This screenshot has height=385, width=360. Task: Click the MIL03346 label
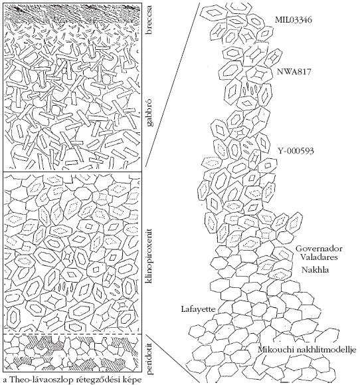pos(294,20)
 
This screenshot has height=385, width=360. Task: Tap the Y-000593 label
pos(296,150)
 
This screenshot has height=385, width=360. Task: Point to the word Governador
pos(319,249)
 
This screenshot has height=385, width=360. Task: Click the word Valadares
pos(319,257)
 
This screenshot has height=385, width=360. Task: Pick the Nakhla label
pos(315,269)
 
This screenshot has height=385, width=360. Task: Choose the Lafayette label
pos(198,309)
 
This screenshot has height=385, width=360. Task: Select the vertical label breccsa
pos(149,21)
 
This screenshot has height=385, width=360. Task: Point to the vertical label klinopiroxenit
pos(149,255)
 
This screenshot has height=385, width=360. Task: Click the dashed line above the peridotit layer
pos(72,334)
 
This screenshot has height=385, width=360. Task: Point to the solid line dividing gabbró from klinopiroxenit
pos(72,172)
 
